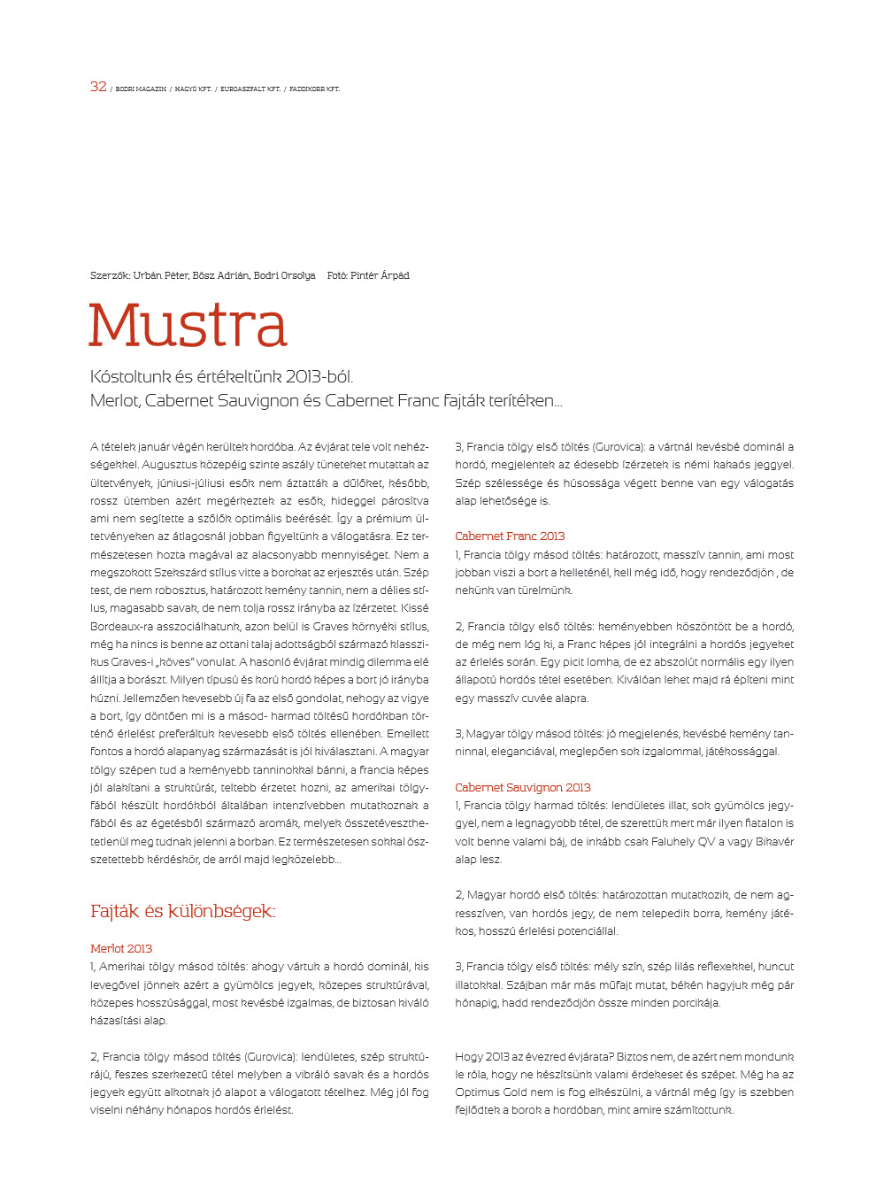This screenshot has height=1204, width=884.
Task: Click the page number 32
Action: pos(98,87)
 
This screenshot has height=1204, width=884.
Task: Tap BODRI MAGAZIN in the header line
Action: pos(141,89)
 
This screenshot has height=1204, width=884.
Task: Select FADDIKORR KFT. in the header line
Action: pos(314,89)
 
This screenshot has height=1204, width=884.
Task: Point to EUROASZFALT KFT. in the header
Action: pos(250,89)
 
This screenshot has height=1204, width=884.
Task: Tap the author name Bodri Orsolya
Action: pos(284,275)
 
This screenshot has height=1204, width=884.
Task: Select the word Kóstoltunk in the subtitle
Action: pos(129,377)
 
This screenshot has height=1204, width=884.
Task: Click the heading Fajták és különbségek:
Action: pos(182,911)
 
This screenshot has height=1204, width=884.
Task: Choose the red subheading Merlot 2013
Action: pos(121,948)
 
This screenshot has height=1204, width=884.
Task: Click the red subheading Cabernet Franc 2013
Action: pos(510,536)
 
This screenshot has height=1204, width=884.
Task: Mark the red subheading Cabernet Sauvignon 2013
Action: pos(522,787)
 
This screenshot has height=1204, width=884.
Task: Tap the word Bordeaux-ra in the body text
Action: pos(121,626)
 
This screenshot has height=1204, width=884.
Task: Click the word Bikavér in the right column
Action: pos(773,841)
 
